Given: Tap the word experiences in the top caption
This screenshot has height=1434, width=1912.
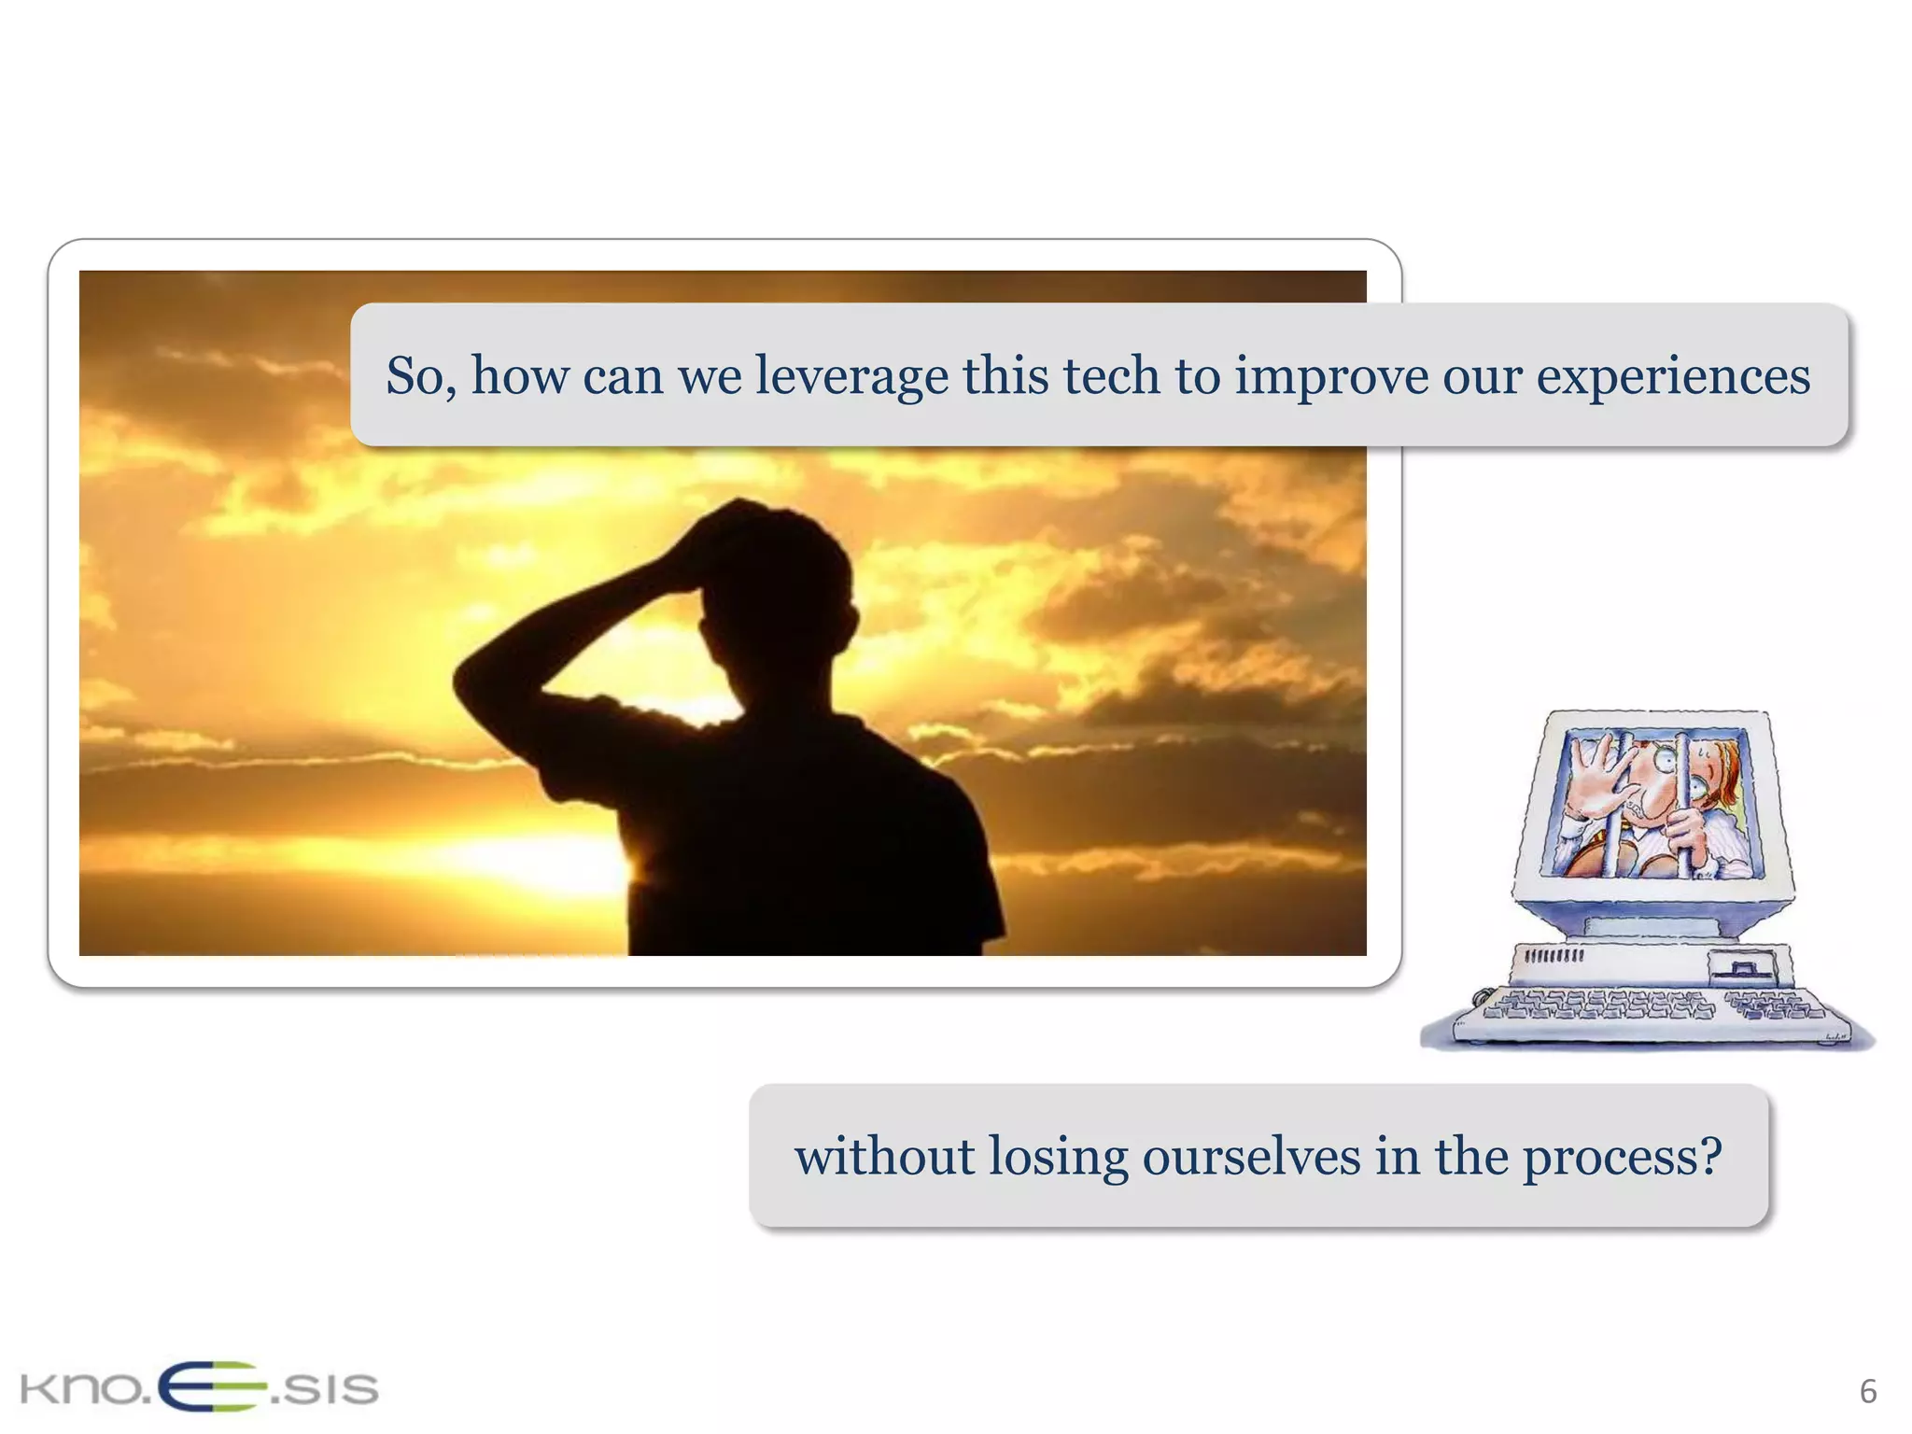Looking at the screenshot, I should coord(1673,377).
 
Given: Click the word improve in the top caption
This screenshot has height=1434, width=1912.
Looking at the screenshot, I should coord(1331,377).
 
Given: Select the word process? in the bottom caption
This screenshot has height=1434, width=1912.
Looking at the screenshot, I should coord(1622,1158).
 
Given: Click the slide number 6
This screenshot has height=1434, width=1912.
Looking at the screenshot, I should coord(1867,1392).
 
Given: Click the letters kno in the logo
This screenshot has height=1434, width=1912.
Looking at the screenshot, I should coord(80,1389).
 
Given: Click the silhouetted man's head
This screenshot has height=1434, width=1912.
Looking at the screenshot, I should coord(775,579).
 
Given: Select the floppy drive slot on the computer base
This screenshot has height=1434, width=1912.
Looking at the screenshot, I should coord(1740,967).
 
